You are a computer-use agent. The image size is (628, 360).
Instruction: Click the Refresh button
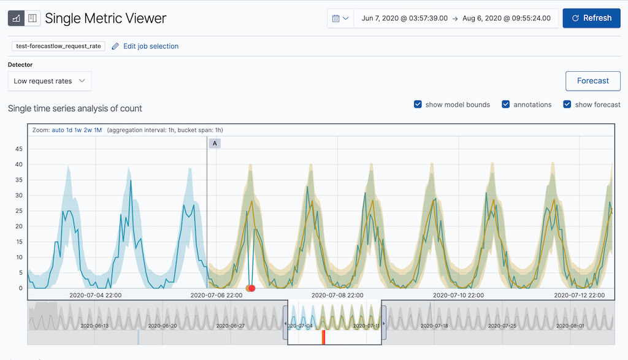tap(591, 18)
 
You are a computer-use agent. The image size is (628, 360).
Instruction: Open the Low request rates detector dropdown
tap(50, 81)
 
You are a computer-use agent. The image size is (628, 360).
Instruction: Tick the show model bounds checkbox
tap(418, 105)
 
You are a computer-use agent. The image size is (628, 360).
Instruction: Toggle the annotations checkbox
tap(506, 105)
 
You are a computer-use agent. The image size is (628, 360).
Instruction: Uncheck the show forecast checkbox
tap(567, 105)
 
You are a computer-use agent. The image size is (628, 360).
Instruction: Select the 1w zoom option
tap(78, 130)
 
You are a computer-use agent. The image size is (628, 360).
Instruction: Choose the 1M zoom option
tap(98, 130)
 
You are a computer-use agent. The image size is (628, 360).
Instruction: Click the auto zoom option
tap(58, 130)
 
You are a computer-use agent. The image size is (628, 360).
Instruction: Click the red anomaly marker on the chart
tap(251, 288)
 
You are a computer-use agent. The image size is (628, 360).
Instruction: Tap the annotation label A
tap(215, 144)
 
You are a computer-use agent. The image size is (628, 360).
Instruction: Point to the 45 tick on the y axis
tap(18, 149)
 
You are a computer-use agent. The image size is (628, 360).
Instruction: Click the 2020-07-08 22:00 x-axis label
tap(337, 295)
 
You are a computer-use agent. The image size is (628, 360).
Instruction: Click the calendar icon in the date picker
tap(336, 18)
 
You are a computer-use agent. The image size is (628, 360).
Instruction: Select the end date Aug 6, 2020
tap(506, 18)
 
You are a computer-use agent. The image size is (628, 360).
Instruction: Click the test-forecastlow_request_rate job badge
tap(59, 46)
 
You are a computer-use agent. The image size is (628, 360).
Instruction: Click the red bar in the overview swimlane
tap(323, 337)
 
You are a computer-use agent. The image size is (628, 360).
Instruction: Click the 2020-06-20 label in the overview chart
tap(163, 326)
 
